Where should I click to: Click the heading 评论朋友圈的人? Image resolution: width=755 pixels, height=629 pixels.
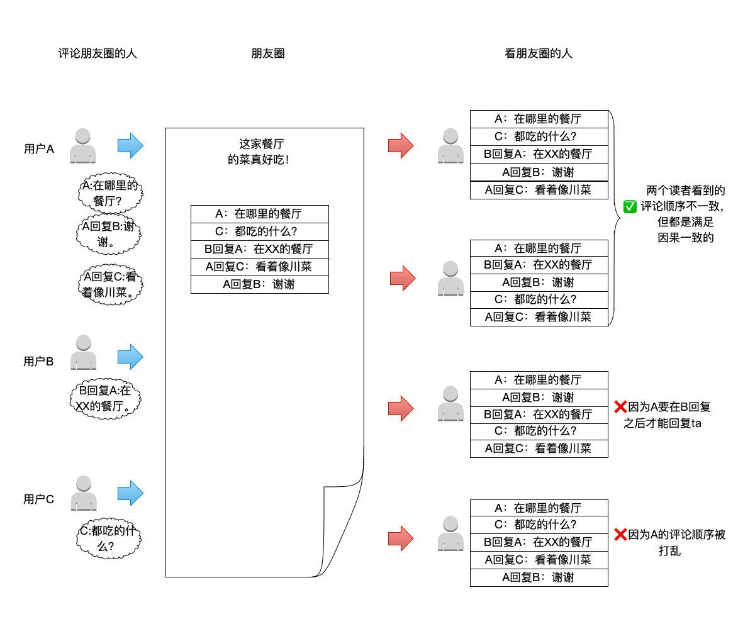97,53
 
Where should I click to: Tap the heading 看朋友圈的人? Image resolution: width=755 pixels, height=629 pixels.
539,53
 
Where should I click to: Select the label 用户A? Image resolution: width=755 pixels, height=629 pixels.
39,149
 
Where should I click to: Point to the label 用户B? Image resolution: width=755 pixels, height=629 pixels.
39,361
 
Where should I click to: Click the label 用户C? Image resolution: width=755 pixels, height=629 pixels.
39,499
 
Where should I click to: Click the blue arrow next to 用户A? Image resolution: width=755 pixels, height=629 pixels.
131,146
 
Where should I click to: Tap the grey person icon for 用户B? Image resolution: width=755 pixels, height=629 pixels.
83,352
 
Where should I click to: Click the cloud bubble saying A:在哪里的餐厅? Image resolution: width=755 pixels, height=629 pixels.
108,194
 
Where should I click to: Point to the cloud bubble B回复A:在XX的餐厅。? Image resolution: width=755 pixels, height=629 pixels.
104,398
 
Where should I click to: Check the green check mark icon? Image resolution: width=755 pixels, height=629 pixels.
629,206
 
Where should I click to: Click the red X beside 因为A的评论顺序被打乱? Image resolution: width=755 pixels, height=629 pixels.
620,535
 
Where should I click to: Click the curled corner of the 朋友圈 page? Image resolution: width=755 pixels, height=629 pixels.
343,528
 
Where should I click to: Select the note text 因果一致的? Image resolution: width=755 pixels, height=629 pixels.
686,238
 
